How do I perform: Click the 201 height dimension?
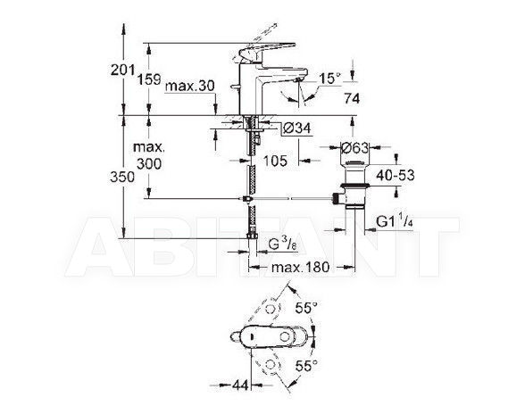click(122, 70)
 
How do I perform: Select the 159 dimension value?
click(149, 79)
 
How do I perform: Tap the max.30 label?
click(190, 86)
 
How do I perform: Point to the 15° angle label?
click(329, 79)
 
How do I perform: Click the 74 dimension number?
click(351, 98)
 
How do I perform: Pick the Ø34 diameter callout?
click(297, 128)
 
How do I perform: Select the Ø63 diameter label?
click(355, 147)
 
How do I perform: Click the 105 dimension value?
click(275, 161)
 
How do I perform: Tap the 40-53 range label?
click(395, 175)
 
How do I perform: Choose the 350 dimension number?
click(122, 177)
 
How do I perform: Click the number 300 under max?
click(149, 163)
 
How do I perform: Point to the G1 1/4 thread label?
click(395, 222)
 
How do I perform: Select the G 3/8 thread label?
click(282, 245)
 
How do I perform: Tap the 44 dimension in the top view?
click(240, 385)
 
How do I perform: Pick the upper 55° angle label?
click(306, 308)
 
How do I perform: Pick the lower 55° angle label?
click(306, 366)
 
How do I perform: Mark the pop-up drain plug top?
click(355, 163)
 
